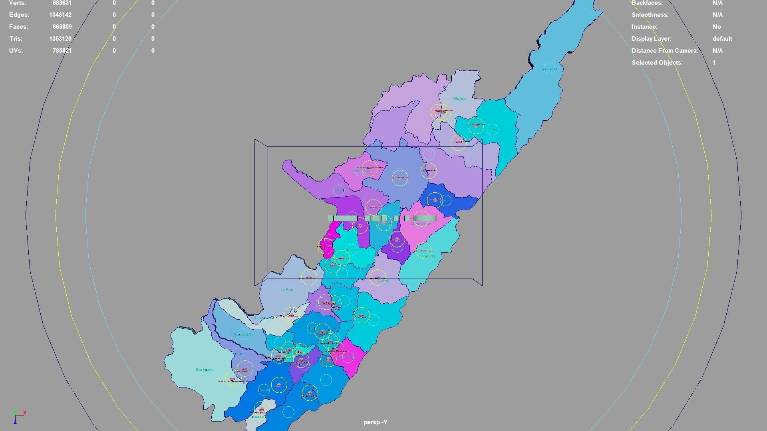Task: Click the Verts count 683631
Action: tap(62, 3)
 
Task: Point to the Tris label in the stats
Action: tap(16, 39)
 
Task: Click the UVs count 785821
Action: tap(62, 51)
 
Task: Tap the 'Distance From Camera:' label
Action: tap(665, 51)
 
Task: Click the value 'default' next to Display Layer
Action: tap(722, 39)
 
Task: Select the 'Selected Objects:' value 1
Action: tap(714, 63)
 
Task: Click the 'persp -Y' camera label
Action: tap(375, 422)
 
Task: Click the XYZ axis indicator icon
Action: tap(18, 417)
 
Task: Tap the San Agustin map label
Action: tap(205, 370)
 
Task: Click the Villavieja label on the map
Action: tap(459, 99)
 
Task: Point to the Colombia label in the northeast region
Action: tap(549, 69)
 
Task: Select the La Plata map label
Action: tap(287, 289)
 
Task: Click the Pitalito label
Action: tap(264, 390)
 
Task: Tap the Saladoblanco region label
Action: tap(243, 334)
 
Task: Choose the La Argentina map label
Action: tap(264, 318)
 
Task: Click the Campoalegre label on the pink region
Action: tap(420, 224)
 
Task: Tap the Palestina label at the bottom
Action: tap(258, 417)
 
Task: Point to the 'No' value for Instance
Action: tap(716, 27)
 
